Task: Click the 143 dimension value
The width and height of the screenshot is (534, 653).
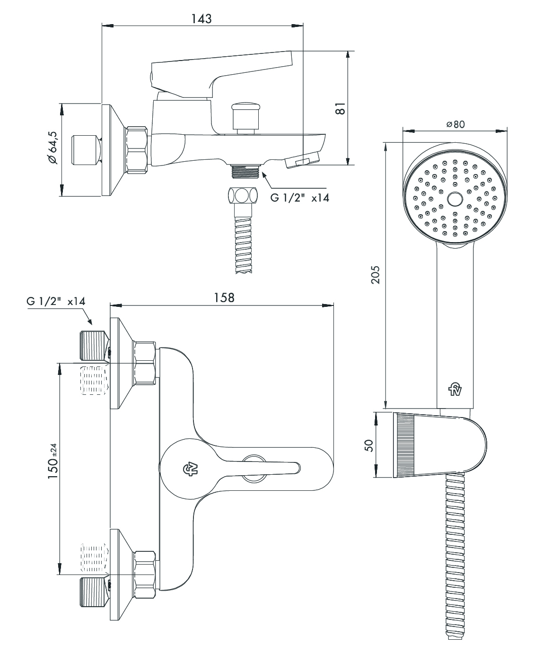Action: (x=201, y=18)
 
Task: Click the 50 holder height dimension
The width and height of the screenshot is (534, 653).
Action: (x=370, y=445)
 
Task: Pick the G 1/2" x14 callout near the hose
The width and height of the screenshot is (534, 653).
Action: (x=299, y=198)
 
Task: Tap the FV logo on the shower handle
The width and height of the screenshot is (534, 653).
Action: (x=455, y=390)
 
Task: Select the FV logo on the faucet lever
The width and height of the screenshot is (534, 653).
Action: (x=190, y=469)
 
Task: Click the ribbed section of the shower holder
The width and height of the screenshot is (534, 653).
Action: (x=405, y=445)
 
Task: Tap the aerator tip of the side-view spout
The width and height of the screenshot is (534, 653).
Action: (x=302, y=160)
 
